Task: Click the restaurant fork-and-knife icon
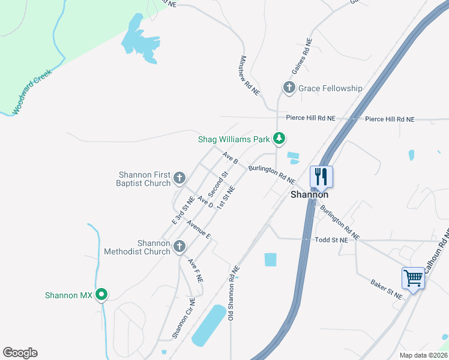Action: tap(321, 176)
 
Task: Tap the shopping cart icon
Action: tap(413, 278)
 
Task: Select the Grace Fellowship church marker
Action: tap(289, 88)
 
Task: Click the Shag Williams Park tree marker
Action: tap(279, 139)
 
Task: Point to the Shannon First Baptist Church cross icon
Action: tap(179, 178)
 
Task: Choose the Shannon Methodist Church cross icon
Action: tap(179, 247)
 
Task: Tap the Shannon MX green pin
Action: tap(101, 295)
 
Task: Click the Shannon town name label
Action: tap(309, 194)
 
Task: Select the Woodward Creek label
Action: tap(33, 92)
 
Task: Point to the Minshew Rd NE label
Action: tap(250, 76)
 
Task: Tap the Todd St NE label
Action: tap(331, 239)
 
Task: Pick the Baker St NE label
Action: tap(386, 289)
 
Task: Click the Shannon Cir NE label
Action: tap(184, 318)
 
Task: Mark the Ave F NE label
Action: tap(195, 271)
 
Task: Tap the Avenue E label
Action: tap(198, 230)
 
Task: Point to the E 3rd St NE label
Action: tap(182, 210)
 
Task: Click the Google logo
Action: tap(20, 352)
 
